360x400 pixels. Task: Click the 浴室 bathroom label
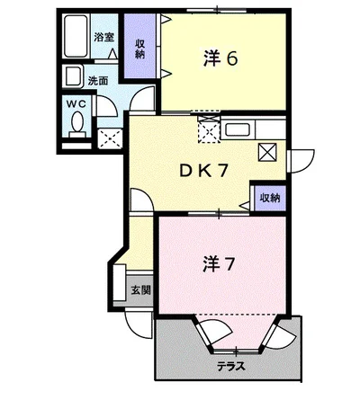[x=103, y=38]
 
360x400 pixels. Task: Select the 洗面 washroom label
[x=98, y=80]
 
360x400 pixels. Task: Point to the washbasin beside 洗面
[x=73, y=78]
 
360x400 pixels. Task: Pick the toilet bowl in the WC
[x=76, y=120]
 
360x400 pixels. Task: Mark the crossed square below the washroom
[x=112, y=138]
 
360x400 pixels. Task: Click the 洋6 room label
[x=219, y=59]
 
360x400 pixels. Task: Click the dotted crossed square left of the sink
[x=208, y=130]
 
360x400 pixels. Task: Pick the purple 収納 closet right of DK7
[x=268, y=198]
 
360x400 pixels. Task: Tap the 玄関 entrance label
[x=139, y=289]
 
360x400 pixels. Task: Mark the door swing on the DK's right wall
[x=298, y=157]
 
